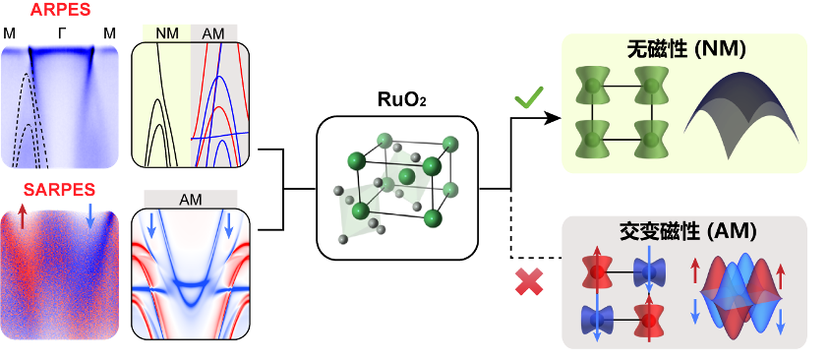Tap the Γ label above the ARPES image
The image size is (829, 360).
62,34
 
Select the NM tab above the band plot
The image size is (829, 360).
166,33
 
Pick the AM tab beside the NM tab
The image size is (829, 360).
213,33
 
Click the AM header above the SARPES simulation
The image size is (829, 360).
191,200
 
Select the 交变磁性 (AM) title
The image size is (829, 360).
686,231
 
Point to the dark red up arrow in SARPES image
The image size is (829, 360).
22,216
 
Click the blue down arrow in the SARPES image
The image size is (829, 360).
89,216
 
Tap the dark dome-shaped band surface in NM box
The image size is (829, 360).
741,114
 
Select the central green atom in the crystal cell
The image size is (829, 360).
406,175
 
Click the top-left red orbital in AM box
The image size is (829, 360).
598,272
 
